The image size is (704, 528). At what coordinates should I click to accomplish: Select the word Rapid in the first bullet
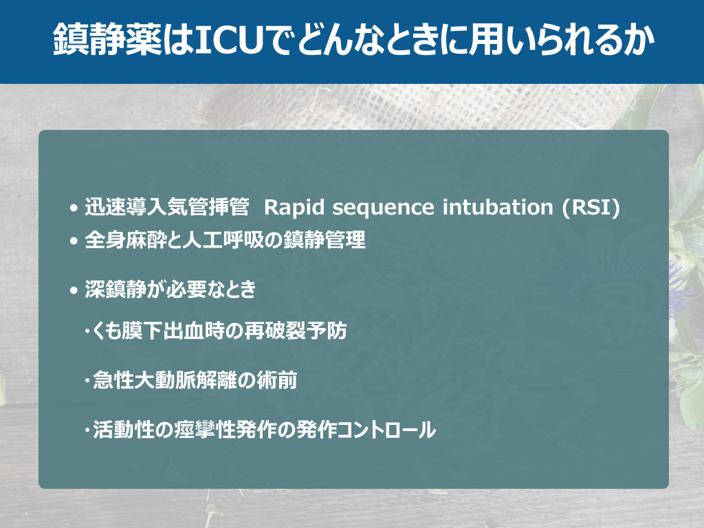point(294,208)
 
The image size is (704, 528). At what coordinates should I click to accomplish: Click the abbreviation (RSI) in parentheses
point(591,208)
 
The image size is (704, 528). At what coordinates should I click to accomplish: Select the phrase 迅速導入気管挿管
point(167,207)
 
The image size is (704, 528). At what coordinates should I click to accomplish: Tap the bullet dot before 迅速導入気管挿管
point(74,208)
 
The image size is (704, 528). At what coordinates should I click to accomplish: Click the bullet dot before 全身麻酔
point(74,241)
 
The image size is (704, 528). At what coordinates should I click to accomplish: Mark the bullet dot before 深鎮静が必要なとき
point(74,291)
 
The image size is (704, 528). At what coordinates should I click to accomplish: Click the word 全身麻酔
point(126,240)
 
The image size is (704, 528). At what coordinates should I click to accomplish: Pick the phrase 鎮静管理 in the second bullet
point(324,240)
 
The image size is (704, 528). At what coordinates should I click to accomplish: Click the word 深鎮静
point(115,289)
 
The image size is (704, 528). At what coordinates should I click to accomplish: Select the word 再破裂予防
point(296,331)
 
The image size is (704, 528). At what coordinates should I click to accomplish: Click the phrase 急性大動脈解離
point(164,380)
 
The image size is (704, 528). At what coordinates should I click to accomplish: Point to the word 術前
point(277,380)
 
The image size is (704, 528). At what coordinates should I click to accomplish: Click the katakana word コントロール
point(386,430)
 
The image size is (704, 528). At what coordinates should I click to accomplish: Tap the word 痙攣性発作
point(226,430)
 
